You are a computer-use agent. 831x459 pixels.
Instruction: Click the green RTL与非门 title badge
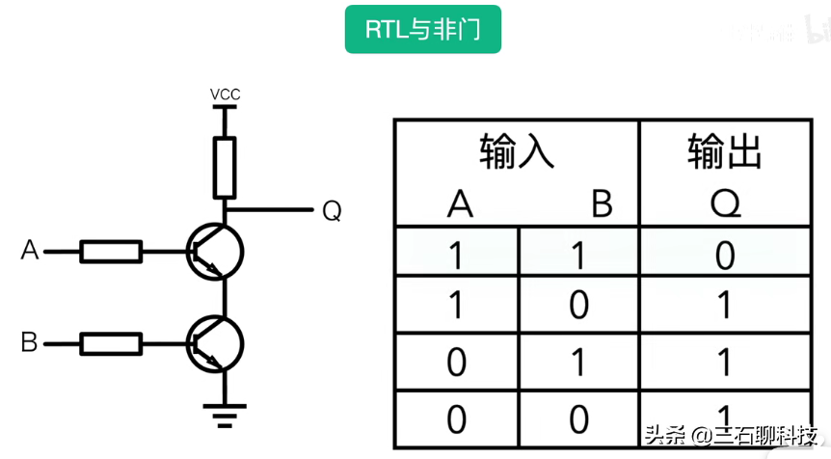423,30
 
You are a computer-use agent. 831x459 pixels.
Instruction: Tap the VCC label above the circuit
225,94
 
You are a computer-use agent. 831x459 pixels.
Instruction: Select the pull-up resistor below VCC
225,166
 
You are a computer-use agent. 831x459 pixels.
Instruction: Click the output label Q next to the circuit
331,210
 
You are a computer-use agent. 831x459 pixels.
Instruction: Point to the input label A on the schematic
30,252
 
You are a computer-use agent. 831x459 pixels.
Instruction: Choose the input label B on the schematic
30,341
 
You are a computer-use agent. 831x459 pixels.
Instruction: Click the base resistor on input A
111,253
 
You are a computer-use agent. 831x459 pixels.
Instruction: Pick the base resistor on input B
111,342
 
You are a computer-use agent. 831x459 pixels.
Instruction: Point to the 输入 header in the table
517,152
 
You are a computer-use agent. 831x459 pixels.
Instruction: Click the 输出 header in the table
725,152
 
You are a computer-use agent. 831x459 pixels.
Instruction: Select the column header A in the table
460,203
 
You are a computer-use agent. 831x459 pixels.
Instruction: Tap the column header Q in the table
725,203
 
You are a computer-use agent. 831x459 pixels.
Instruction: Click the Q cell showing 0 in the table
725,256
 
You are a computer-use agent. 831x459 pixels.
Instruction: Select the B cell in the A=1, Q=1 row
578,306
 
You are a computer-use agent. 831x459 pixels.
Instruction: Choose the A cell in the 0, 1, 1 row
456,362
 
